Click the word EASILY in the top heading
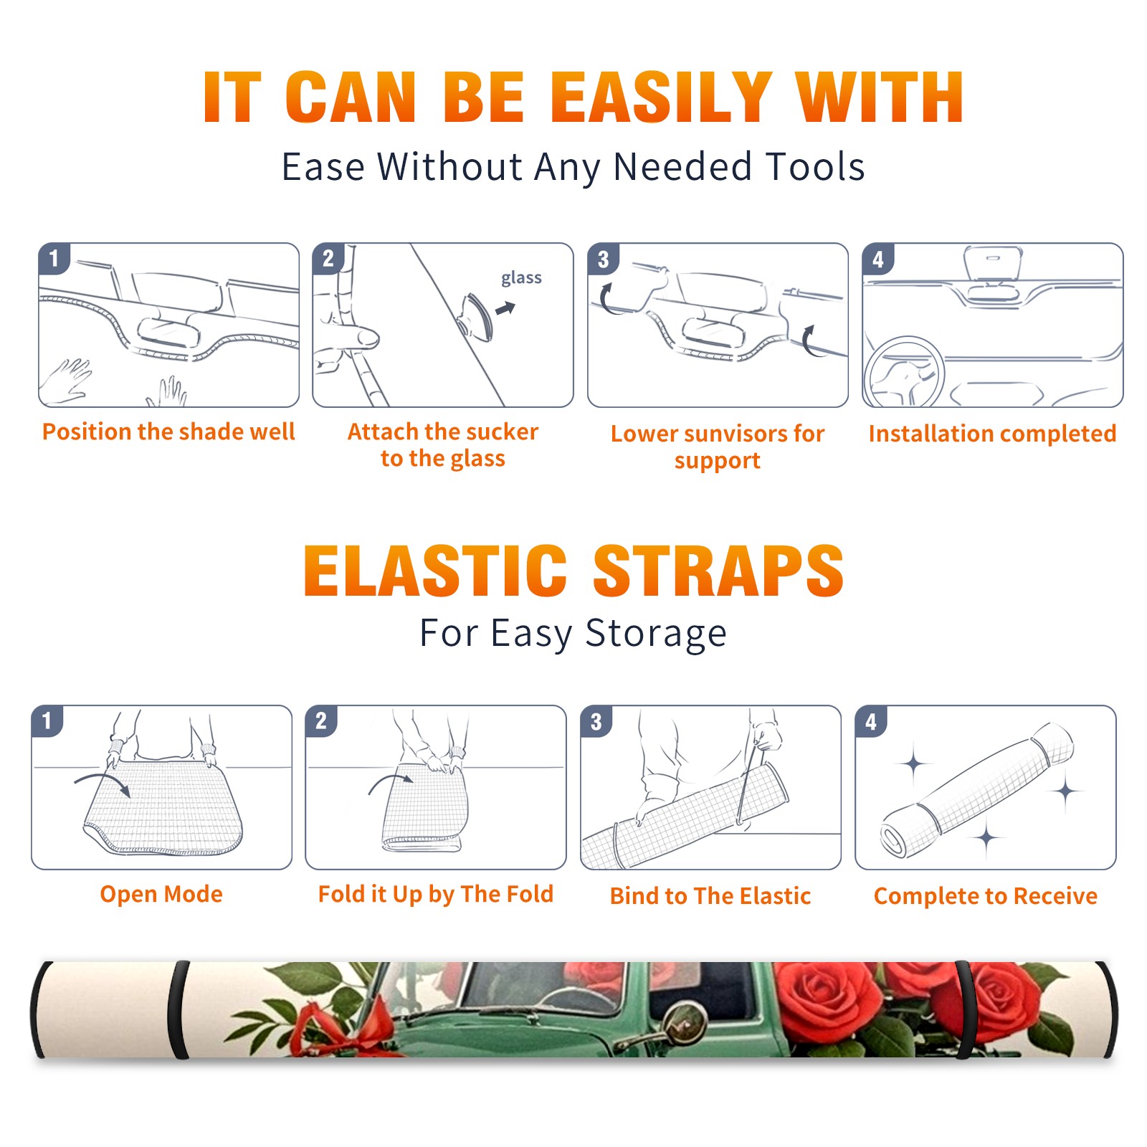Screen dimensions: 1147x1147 pyautogui.click(x=661, y=97)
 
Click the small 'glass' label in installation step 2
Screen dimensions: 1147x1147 pyautogui.click(x=521, y=278)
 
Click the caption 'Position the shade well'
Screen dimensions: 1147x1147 pyautogui.click(x=168, y=432)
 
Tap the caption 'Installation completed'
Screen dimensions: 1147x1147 pyautogui.click(x=992, y=434)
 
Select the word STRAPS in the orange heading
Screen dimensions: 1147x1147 pyautogui.click(x=718, y=571)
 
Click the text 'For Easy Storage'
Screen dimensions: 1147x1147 pyautogui.click(x=573, y=634)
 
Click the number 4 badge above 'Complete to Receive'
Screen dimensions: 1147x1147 pyautogui.click(x=871, y=721)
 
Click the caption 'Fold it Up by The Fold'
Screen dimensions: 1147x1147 pyautogui.click(x=436, y=894)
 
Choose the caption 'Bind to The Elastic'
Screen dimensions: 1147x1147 pyautogui.click(x=710, y=896)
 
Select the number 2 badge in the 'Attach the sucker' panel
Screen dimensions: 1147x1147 pyautogui.click(x=328, y=258)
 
